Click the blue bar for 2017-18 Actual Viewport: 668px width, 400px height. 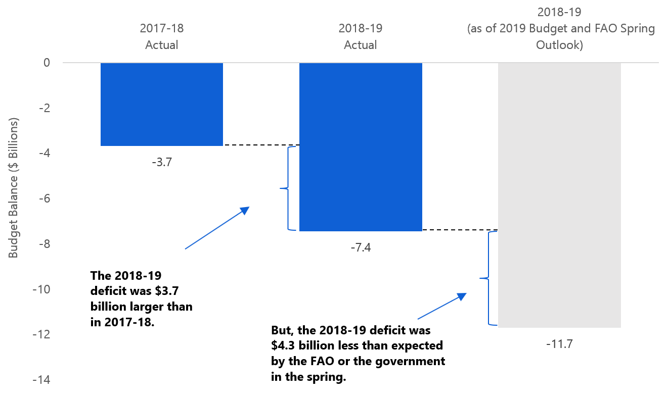162,104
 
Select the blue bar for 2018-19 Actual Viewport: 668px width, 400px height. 361,146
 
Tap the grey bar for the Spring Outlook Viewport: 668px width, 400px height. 559,195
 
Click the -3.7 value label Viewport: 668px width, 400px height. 162,163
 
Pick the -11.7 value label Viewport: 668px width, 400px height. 559,345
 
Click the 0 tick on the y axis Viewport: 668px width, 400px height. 47,63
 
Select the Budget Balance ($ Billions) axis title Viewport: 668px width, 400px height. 14,188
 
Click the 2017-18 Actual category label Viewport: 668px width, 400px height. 162,36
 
